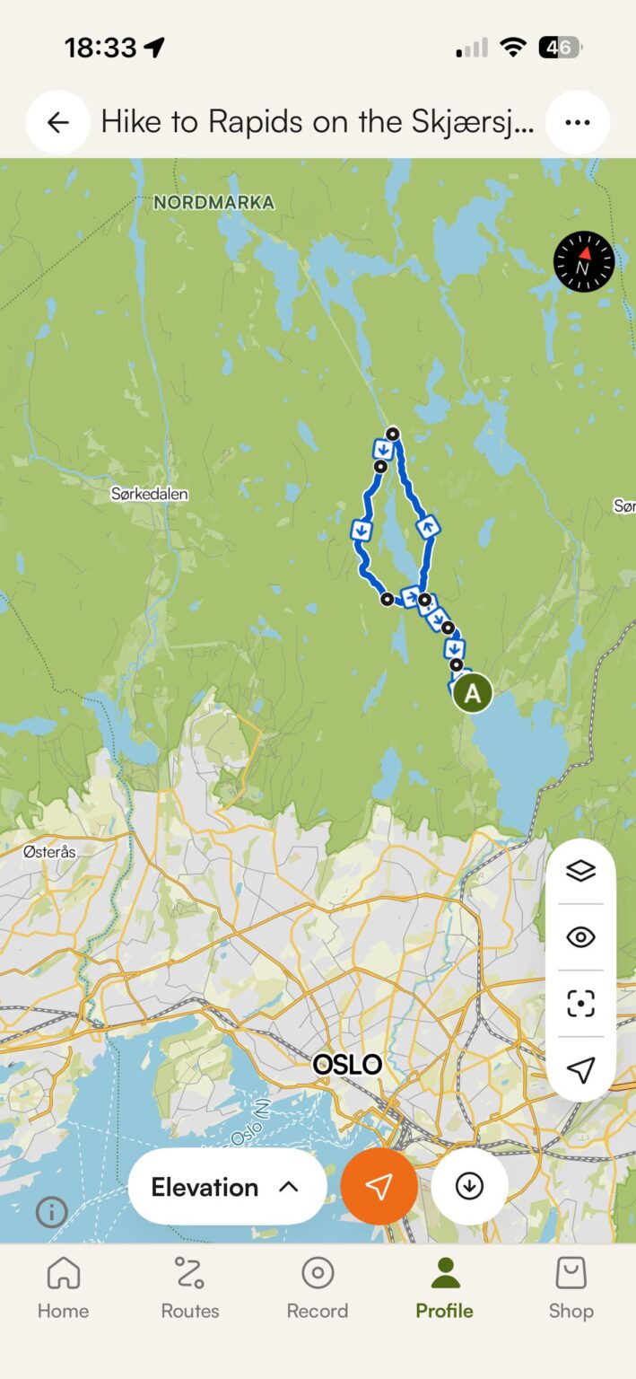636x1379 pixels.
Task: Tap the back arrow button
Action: coord(58,122)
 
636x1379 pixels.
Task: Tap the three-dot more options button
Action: coord(577,122)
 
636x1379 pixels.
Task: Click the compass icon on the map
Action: coord(584,261)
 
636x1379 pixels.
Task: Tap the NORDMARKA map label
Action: coord(213,203)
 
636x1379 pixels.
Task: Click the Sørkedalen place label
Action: coord(150,494)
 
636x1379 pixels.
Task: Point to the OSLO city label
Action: coord(347,1066)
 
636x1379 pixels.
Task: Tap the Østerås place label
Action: coord(49,851)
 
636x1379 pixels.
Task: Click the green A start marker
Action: coord(472,693)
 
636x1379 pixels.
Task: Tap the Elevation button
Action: coord(226,1187)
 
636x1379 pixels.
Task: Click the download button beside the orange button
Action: coord(469,1187)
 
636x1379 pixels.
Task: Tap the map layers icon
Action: coord(580,871)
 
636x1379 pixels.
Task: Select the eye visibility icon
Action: coord(580,937)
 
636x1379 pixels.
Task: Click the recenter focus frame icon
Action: coord(580,1004)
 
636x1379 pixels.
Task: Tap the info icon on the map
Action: coord(51,1213)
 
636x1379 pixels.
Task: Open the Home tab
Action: coord(63,1287)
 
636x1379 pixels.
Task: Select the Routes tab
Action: coord(190,1287)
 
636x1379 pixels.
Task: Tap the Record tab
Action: coord(318,1287)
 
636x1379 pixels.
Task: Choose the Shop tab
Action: coord(571,1287)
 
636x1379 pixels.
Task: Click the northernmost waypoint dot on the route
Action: coord(392,435)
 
